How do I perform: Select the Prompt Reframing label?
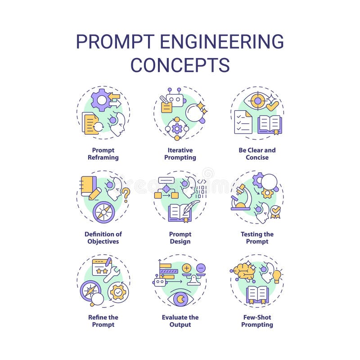[103, 154]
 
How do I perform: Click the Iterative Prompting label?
[180, 154]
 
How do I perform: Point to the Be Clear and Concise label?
[257, 154]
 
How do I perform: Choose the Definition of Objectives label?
[103, 238]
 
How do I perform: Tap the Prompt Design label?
[180, 238]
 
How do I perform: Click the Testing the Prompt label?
[257, 238]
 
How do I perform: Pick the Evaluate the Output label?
[180, 321]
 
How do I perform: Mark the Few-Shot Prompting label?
[257, 321]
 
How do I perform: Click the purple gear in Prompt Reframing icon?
[101, 99]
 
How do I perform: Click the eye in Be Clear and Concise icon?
[257, 101]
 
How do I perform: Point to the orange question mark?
[126, 195]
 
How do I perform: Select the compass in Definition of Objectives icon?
[103, 211]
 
